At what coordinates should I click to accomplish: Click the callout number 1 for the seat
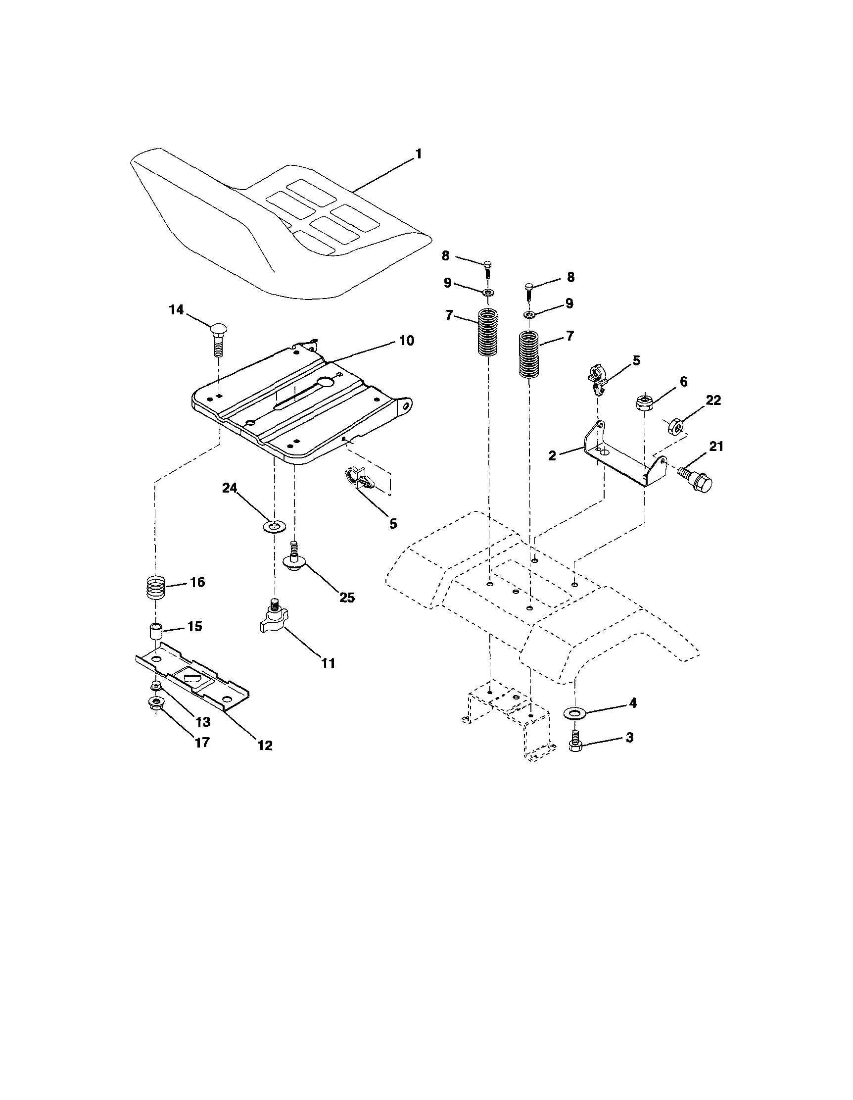pos(418,154)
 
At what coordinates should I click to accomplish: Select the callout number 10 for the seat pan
pos(407,341)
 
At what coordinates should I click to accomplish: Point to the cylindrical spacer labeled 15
pos(156,632)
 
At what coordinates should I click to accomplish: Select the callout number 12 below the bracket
pos(265,746)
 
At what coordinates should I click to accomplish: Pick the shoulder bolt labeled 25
pos(295,557)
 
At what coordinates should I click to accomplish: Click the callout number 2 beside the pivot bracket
pos(553,456)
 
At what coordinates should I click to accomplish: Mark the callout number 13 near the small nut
pos(202,722)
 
